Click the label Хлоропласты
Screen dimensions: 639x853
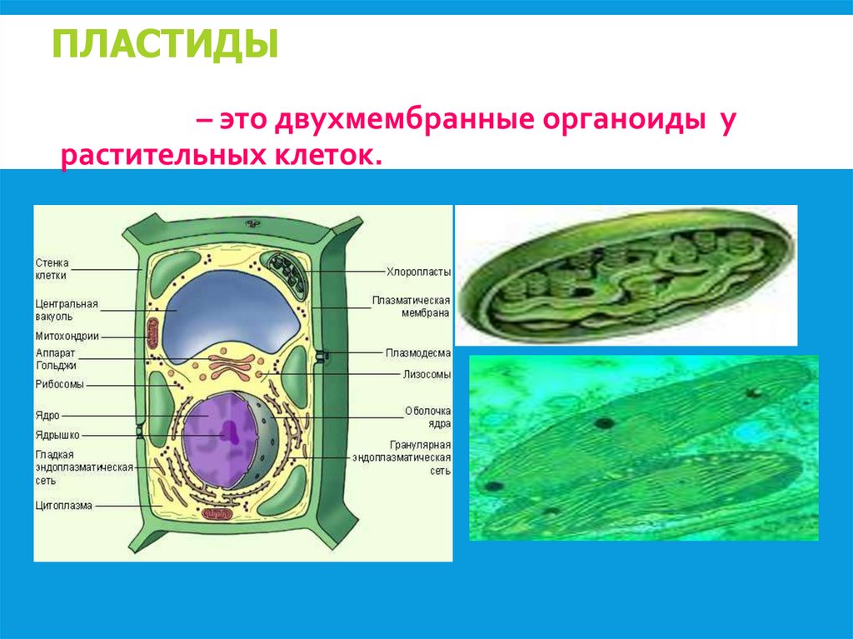pos(418,272)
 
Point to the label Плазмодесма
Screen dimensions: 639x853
pos(418,353)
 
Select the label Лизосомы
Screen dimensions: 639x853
pos(427,375)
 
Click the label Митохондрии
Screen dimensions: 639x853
pos(67,337)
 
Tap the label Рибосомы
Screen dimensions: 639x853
pos(59,385)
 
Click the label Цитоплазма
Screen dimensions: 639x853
pos(63,506)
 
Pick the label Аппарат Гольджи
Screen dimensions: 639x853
pos(57,359)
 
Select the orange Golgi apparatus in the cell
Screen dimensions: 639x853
pos(232,362)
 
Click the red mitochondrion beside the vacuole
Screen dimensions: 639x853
pos(153,332)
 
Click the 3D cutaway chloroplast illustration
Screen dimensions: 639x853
pos(625,276)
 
